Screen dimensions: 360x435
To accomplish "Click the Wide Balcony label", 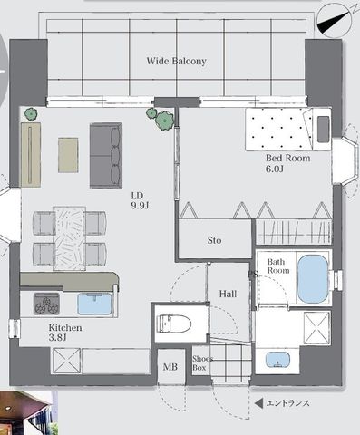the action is click(177, 61).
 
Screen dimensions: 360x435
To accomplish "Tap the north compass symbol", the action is click(335, 21).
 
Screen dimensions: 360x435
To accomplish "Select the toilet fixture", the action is click(175, 324).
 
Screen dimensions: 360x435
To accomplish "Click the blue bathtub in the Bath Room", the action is click(313, 279).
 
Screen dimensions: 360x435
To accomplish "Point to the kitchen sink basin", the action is click(94, 304).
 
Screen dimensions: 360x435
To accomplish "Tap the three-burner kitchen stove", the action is click(46, 304).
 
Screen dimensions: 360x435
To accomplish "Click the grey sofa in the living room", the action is click(106, 156).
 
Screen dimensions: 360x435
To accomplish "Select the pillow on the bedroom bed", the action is click(323, 130).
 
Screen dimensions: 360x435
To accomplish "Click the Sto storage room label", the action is click(214, 240).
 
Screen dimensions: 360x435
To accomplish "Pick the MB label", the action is click(170, 367).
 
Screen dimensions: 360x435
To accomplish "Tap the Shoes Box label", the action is click(202, 363).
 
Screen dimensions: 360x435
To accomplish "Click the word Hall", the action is click(228, 294).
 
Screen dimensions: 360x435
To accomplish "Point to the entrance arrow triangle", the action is click(258, 403).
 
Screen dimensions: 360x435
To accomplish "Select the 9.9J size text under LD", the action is click(140, 206).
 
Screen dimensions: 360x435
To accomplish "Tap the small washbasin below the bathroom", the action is click(277, 360).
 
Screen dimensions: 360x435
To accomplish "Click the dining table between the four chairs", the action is click(69, 238).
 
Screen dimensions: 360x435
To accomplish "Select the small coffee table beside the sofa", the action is click(68, 155).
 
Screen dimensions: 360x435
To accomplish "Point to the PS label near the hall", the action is click(253, 275).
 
